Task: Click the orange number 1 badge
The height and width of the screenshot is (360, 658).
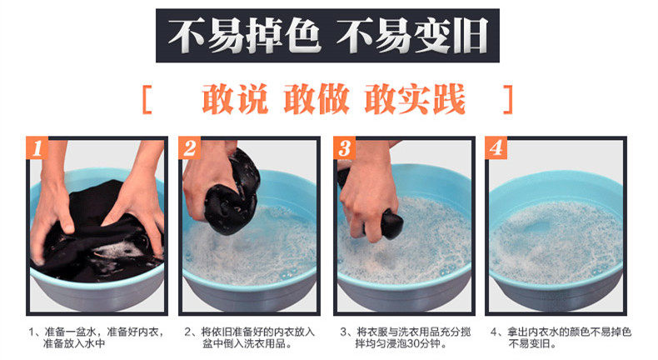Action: point(37,147)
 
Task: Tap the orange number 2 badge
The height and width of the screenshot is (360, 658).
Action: point(189,147)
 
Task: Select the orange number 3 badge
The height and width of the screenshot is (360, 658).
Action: point(344,147)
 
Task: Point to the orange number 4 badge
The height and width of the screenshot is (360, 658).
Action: point(496,147)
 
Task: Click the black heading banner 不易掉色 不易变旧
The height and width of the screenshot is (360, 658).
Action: point(327,36)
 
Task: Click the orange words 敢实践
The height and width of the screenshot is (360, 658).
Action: point(415,99)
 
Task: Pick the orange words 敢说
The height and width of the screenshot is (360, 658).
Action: point(235,99)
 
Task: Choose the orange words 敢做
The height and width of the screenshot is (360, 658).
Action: point(317,99)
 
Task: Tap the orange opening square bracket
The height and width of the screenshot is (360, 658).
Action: point(147,99)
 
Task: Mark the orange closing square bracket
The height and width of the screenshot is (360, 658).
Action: point(508,99)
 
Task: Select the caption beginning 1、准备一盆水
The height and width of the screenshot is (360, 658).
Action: point(96,337)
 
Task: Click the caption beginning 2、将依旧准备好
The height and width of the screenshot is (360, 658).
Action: point(249,337)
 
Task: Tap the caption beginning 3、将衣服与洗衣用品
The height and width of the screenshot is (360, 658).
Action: point(405,337)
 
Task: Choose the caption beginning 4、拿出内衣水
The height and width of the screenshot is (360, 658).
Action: point(561,337)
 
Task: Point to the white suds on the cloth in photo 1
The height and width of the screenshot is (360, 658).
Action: point(120,250)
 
